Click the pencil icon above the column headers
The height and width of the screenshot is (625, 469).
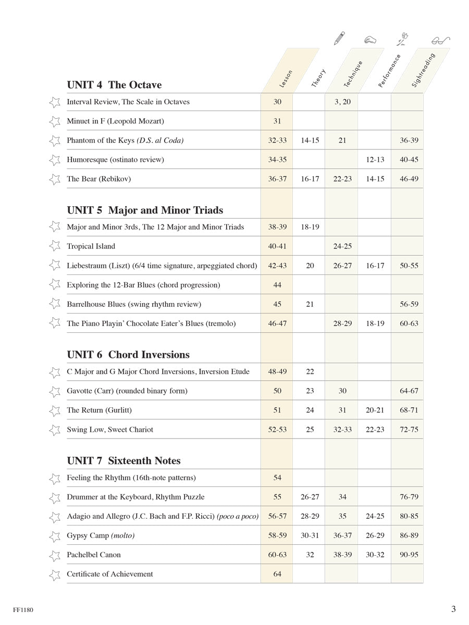[339, 38]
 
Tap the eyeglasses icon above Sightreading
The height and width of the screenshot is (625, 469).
[440, 40]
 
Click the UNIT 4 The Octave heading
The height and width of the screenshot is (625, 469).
[115, 85]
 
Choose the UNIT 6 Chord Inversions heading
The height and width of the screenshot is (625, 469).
[128, 355]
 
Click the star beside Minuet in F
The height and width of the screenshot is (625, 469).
[54, 121]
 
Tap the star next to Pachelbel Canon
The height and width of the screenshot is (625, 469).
[54, 555]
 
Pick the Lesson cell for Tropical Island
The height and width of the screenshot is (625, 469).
[277, 246]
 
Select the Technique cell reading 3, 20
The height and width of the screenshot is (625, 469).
[342, 102]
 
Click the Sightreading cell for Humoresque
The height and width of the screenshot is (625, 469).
[409, 160]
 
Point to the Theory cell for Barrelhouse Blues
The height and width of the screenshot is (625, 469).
[310, 304]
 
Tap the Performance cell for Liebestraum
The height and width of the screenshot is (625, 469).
[375, 266]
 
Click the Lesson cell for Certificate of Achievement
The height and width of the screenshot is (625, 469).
[277, 574]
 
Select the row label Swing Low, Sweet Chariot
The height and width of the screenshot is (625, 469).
[110, 430]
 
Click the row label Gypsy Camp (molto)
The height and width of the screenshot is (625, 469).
[101, 535]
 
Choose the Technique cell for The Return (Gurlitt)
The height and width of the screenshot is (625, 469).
[342, 410]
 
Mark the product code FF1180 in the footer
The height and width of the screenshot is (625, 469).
[23, 609]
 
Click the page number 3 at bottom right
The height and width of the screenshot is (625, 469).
[453, 609]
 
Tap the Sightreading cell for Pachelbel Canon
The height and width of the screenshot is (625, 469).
[409, 555]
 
